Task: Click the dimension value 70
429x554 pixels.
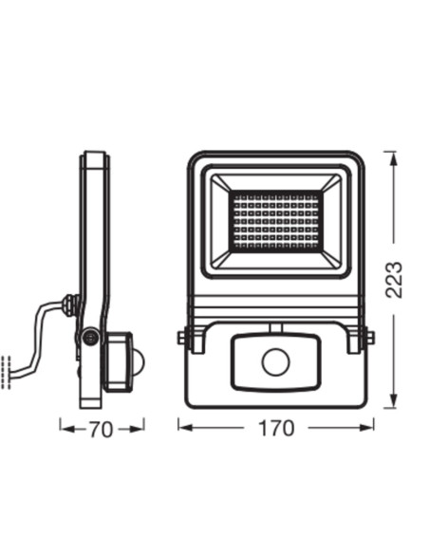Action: pyautogui.click(x=102, y=429)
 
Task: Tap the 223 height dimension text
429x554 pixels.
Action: pyautogui.click(x=396, y=280)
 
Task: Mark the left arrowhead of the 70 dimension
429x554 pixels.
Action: pyautogui.click(x=65, y=428)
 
